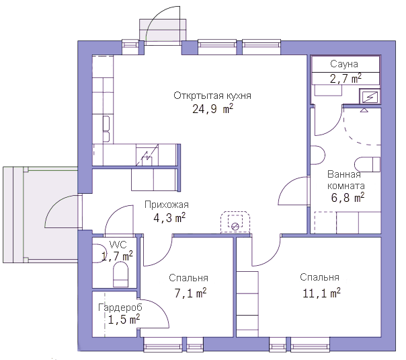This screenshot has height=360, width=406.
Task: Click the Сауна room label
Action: click(344, 64)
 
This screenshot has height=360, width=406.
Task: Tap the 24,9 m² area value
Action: click(212, 109)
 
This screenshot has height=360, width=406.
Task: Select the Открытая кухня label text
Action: click(212, 96)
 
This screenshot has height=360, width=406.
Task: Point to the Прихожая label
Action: click(167, 205)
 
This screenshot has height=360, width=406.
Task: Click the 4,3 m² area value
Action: click(169, 218)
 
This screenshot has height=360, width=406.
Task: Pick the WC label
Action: click(118, 245)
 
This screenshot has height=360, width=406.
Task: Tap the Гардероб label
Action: click(120, 308)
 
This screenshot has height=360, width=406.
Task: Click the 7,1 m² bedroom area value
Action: click(190, 293)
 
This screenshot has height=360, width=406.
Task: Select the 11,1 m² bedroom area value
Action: click(321, 293)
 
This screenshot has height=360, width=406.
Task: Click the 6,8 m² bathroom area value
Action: click(348, 197)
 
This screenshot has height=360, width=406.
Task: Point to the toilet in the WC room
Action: click(121, 275)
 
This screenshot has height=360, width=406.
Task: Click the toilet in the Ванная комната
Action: click(367, 164)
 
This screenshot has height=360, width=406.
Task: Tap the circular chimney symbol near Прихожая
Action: click(235, 226)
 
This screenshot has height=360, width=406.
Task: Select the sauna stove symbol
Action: click(370, 96)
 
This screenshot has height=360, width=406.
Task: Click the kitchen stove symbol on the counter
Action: click(147, 155)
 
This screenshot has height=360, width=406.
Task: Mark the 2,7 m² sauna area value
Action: click(346, 78)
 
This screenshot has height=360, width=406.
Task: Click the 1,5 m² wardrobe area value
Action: click(124, 320)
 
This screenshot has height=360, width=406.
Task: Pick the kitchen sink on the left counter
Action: click(106, 129)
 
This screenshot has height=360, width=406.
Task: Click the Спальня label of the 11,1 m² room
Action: click(319, 277)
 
